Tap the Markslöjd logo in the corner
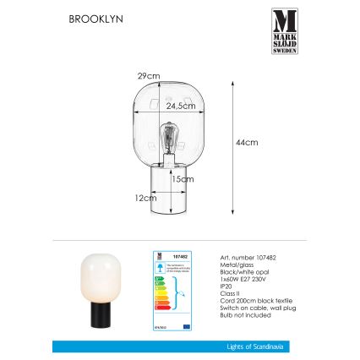(285, 31)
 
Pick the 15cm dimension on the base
(177, 179)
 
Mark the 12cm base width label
(143, 197)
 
